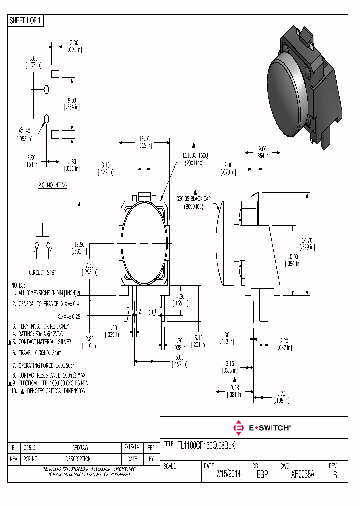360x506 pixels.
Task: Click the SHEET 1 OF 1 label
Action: coord(26,21)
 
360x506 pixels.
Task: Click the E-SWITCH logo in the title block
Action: coord(262,428)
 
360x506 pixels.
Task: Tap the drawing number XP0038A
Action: coord(302,474)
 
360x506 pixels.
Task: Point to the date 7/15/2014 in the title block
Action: coord(229,474)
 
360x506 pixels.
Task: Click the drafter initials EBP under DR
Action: coord(262,474)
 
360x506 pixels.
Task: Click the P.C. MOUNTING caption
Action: coord(52,185)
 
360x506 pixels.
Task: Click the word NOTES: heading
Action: coord(18,285)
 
